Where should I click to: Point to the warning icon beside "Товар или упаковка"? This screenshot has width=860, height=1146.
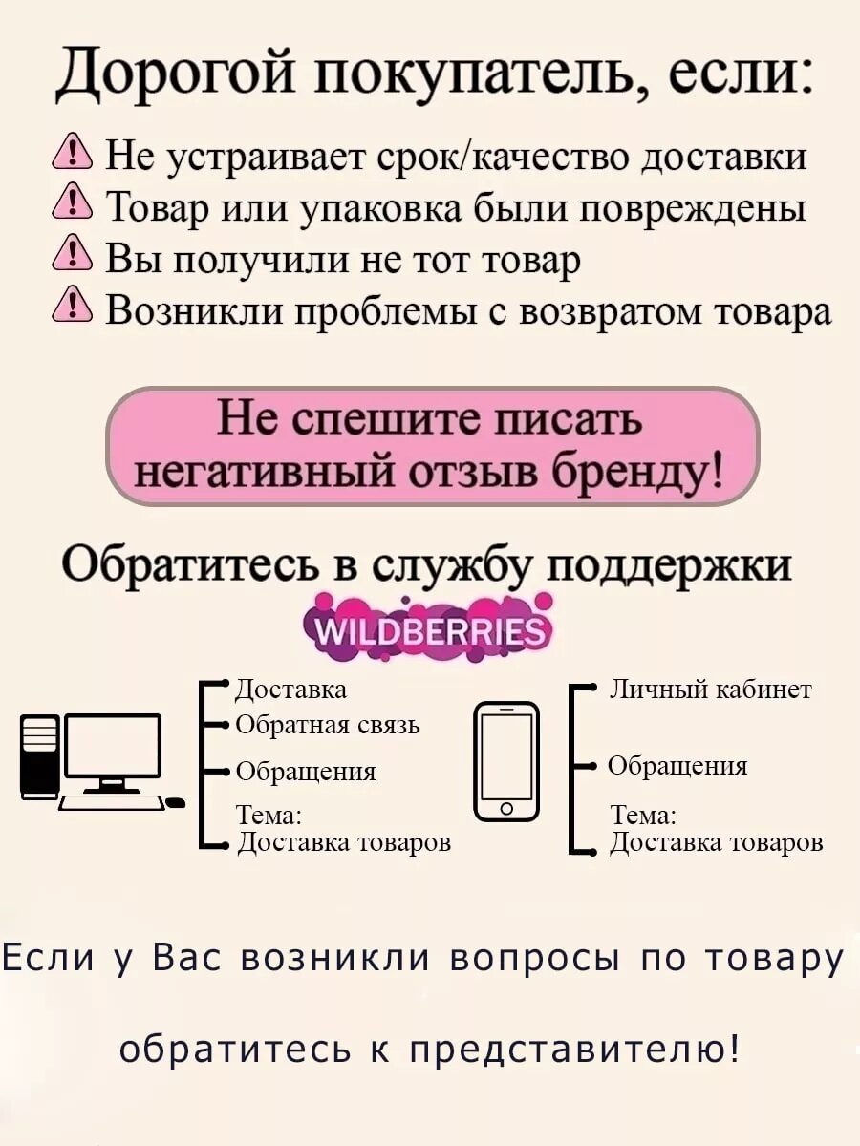click(x=73, y=206)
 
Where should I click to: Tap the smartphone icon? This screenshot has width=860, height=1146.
click(x=506, y=760)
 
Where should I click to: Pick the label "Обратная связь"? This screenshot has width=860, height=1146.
click(x=327, y=726)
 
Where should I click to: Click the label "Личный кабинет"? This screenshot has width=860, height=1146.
click(x=710, y=689)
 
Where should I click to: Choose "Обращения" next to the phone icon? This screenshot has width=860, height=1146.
click(x=677, y=766)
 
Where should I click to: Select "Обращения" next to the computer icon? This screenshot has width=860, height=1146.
click(x=305, y=772)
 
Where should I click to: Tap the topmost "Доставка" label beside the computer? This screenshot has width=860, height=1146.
click(x=290, y=689)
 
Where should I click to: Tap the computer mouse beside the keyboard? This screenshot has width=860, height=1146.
click(x=176, y=802)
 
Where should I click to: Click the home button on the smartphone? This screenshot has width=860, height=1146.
click(x=506, y=809)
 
